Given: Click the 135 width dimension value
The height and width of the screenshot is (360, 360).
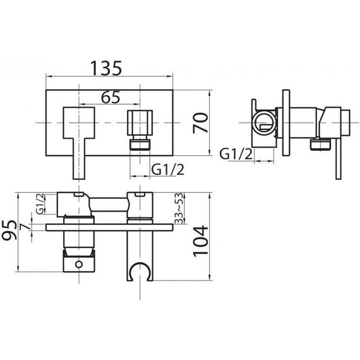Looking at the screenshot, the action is tap(106, 68).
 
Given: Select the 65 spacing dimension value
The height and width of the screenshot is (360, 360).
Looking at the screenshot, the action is tap(111, 97).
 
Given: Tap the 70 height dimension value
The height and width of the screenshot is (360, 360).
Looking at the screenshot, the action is tap(200, 123).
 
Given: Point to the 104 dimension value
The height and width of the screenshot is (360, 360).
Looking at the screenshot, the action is tap(200, 241).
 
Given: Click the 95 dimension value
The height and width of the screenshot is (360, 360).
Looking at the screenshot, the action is tap(9, 230).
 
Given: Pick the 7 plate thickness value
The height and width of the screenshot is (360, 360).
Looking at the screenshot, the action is tap(25, 227).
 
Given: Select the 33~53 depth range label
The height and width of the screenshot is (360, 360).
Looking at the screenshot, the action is tap(179, 208).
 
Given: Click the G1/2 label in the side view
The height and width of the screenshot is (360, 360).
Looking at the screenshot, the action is tap(236, 154).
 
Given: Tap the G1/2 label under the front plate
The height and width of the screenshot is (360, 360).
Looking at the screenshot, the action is tap(167, 170).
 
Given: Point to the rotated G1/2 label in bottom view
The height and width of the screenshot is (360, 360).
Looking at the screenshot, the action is tap(40, 204).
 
